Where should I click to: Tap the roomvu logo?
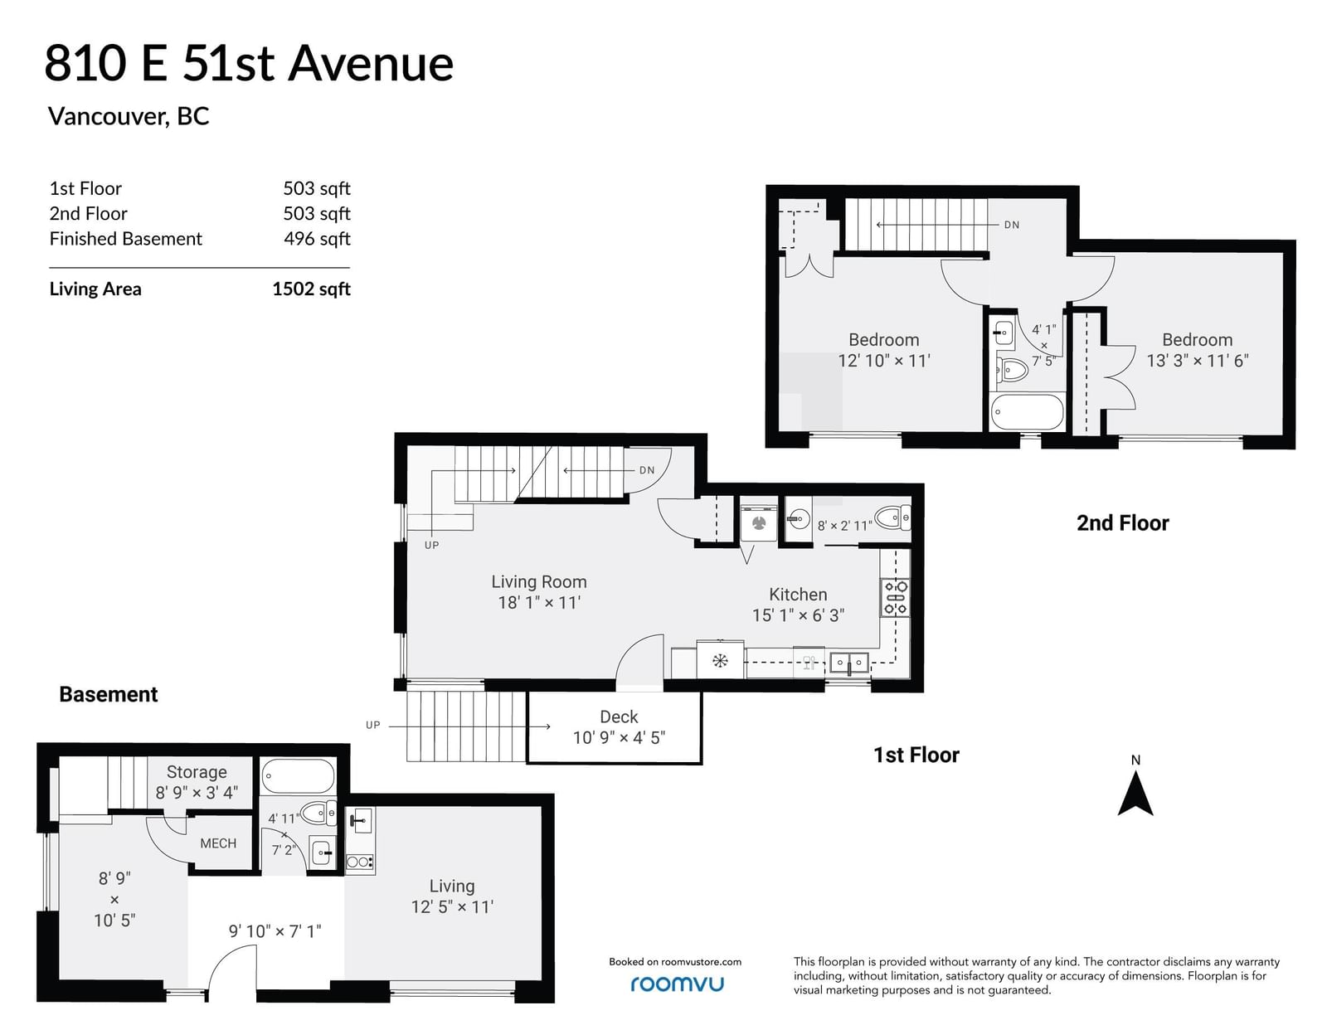point(677,984)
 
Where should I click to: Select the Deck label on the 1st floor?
point(619,717)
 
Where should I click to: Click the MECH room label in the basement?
point(218,843)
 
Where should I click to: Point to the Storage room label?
point(197,771)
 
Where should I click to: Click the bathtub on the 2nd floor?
point(1027,411)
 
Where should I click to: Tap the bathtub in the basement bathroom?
point(298,776)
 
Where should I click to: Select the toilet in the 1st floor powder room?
point(892,518)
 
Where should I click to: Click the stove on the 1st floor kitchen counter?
point(895,597)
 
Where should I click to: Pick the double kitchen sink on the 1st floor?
point(848,663)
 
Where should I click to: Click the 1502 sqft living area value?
point(312,289)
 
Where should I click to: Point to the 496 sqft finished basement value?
point(317,239)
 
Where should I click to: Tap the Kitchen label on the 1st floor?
point(798,594)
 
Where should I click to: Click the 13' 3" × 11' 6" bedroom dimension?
point(1197,361)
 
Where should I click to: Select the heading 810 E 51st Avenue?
point(249,64)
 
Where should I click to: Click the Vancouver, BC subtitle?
point(129,116)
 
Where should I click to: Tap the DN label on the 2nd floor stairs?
point(1012,225)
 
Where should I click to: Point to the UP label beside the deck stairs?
point(373,726)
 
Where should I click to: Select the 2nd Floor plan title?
point(1122,523)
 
